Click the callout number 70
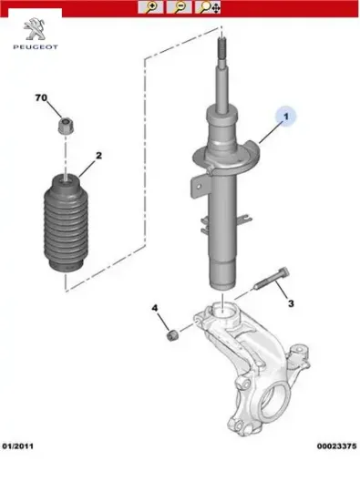point(41,97)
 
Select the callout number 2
point(98,156)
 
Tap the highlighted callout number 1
point(286,117)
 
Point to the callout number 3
point(291,303)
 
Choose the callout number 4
point(155,308)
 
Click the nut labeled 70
point(66,126)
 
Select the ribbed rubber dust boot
point(66,223)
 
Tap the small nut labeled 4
point(173,335)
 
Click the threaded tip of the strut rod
point(221,47)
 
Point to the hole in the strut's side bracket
point(199,187)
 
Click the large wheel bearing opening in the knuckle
point(273,404)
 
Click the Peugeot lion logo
point(35,29)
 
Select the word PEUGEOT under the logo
point(36,47)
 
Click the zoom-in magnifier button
point(150,7)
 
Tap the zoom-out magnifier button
point(179,7)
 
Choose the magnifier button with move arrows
point(208,7)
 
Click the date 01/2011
point(18,446)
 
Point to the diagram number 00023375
point(336,446)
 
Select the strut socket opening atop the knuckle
point(222,312)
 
